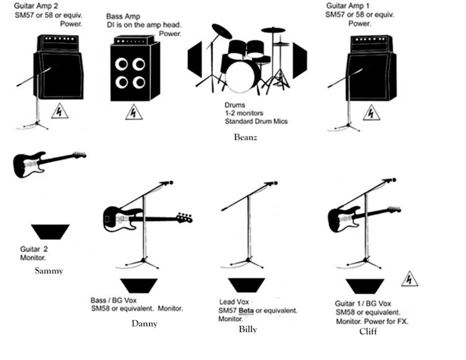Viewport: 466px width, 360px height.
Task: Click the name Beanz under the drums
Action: [x=245, y=137]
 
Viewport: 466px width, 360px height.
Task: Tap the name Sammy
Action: [x=49, y=271]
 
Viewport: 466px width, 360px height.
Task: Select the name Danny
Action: [x=144, y=324]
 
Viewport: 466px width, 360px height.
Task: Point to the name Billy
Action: [x=248, y=329]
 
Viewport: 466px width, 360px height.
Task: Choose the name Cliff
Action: [x=368, y=331]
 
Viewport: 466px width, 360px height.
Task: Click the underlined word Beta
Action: [x=246, y=311]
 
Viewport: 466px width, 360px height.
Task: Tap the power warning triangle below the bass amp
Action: [x=134, y=112]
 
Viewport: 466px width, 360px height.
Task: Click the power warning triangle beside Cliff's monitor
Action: [x=409, y=279]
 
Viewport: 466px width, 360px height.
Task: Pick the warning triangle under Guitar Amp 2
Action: [x=59, y=111]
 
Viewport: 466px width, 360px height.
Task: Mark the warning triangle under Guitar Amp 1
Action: [x=372, y=112]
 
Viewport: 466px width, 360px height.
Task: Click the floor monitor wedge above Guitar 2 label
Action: [x=50, y=232]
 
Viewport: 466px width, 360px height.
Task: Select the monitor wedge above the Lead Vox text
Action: [x=246, y=285]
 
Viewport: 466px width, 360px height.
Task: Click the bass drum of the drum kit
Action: [x=243, y=76]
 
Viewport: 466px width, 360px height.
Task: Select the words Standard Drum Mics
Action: [x=256, y=121]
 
